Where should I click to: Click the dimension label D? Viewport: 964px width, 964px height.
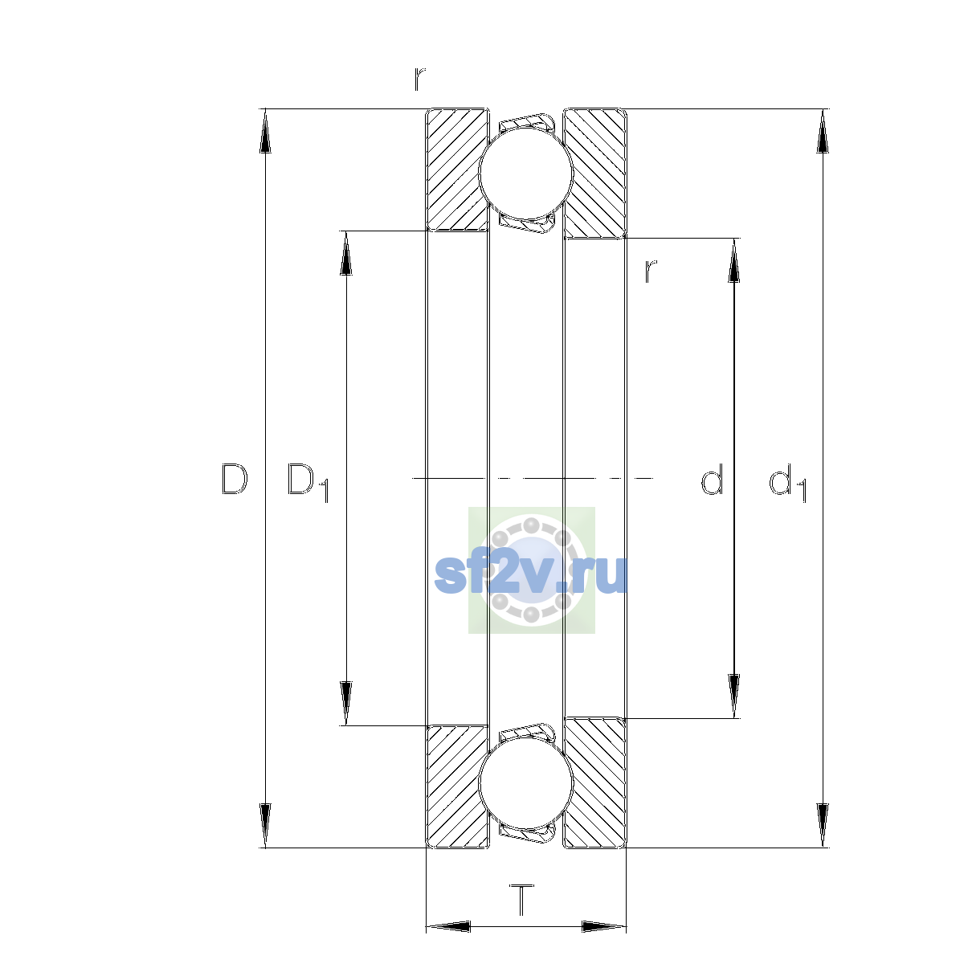click(x=234, y=479)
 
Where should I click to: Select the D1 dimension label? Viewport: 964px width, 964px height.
click(x=308, y=482)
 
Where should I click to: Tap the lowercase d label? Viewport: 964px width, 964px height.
click(x=712, y=479)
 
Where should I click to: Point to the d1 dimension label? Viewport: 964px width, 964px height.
click(x=787, y=482)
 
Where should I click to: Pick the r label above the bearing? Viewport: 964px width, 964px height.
click(x=419, y=79)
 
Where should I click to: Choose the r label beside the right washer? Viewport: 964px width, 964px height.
click(x=651, y=272)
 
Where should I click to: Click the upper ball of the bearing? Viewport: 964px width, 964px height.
click(x=525, y=173)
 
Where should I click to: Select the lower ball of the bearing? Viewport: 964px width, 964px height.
click(x=525, y=783)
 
